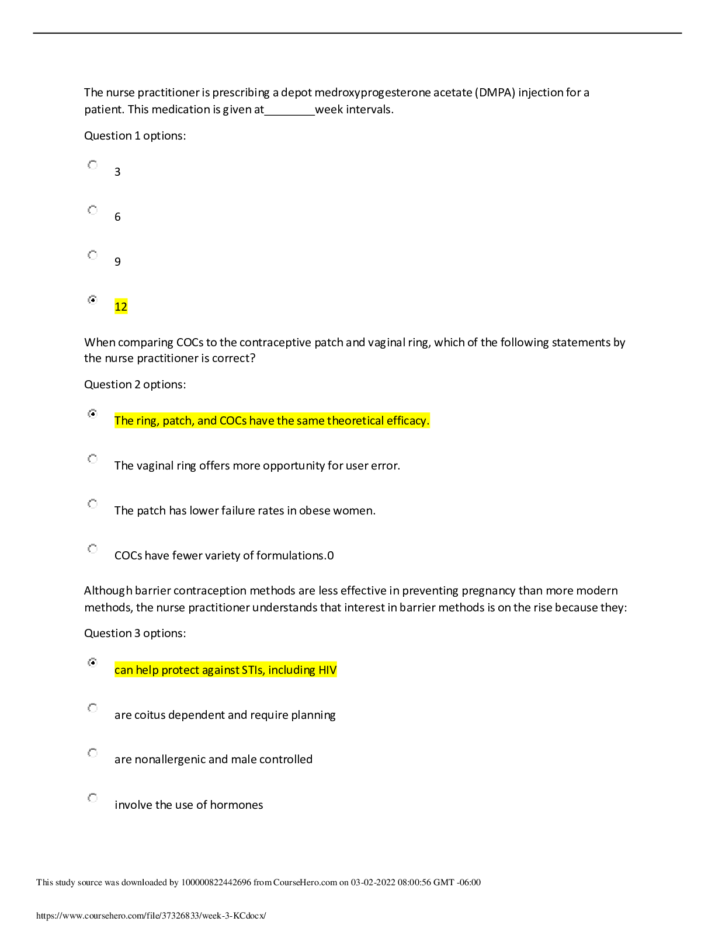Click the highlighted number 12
pyautogui.click(x=121, y=307)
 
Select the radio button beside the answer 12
pyautogui.click(x=93, y=300)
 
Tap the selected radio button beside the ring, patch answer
pyautogui.click(x=93, y=414)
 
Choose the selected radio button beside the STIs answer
pyautogui.click(x=93, y=663)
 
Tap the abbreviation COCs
pyautogui.click(x=233, y=421)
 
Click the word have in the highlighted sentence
pyautogui.click(x=262, y=421)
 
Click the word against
pyautogui.click(x=220, y=670)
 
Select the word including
pyautogui.click(x=291, y=670)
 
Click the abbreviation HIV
pyautogui.click(x=328, y=670)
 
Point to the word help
pyautogui.click(x=147, y=670)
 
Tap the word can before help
pyautogui.click(x=124, y=670)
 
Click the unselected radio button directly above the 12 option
pyautogui.click(x=93, y=255)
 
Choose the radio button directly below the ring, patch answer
pyautogui.click(x=93, y=460)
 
